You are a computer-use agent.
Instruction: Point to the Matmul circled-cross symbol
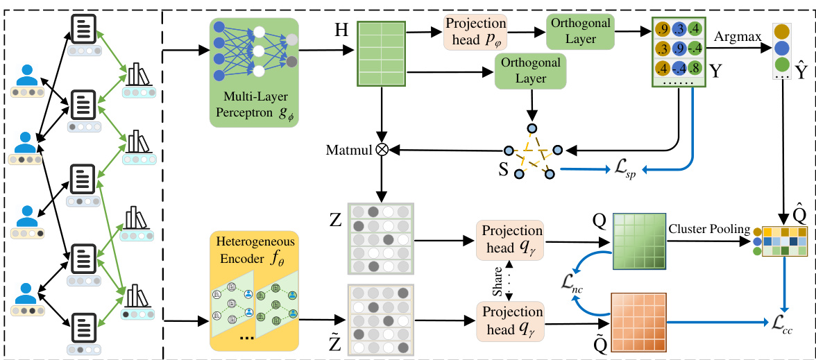(x=381, y=149)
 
